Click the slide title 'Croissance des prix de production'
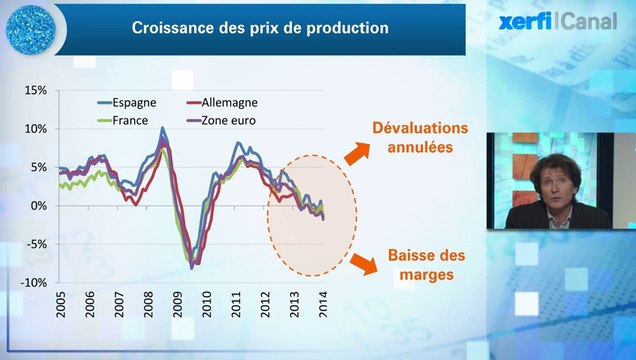coord(260,28)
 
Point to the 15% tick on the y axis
coord(35,90)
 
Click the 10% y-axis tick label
coord(35,129)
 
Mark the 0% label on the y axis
coord(38,206)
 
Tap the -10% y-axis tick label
coord(33,283)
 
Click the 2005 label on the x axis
coord(61,306)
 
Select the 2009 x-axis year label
coord(178,306)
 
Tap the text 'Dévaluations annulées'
coord(419,138)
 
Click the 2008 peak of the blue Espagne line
coord(162,128)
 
